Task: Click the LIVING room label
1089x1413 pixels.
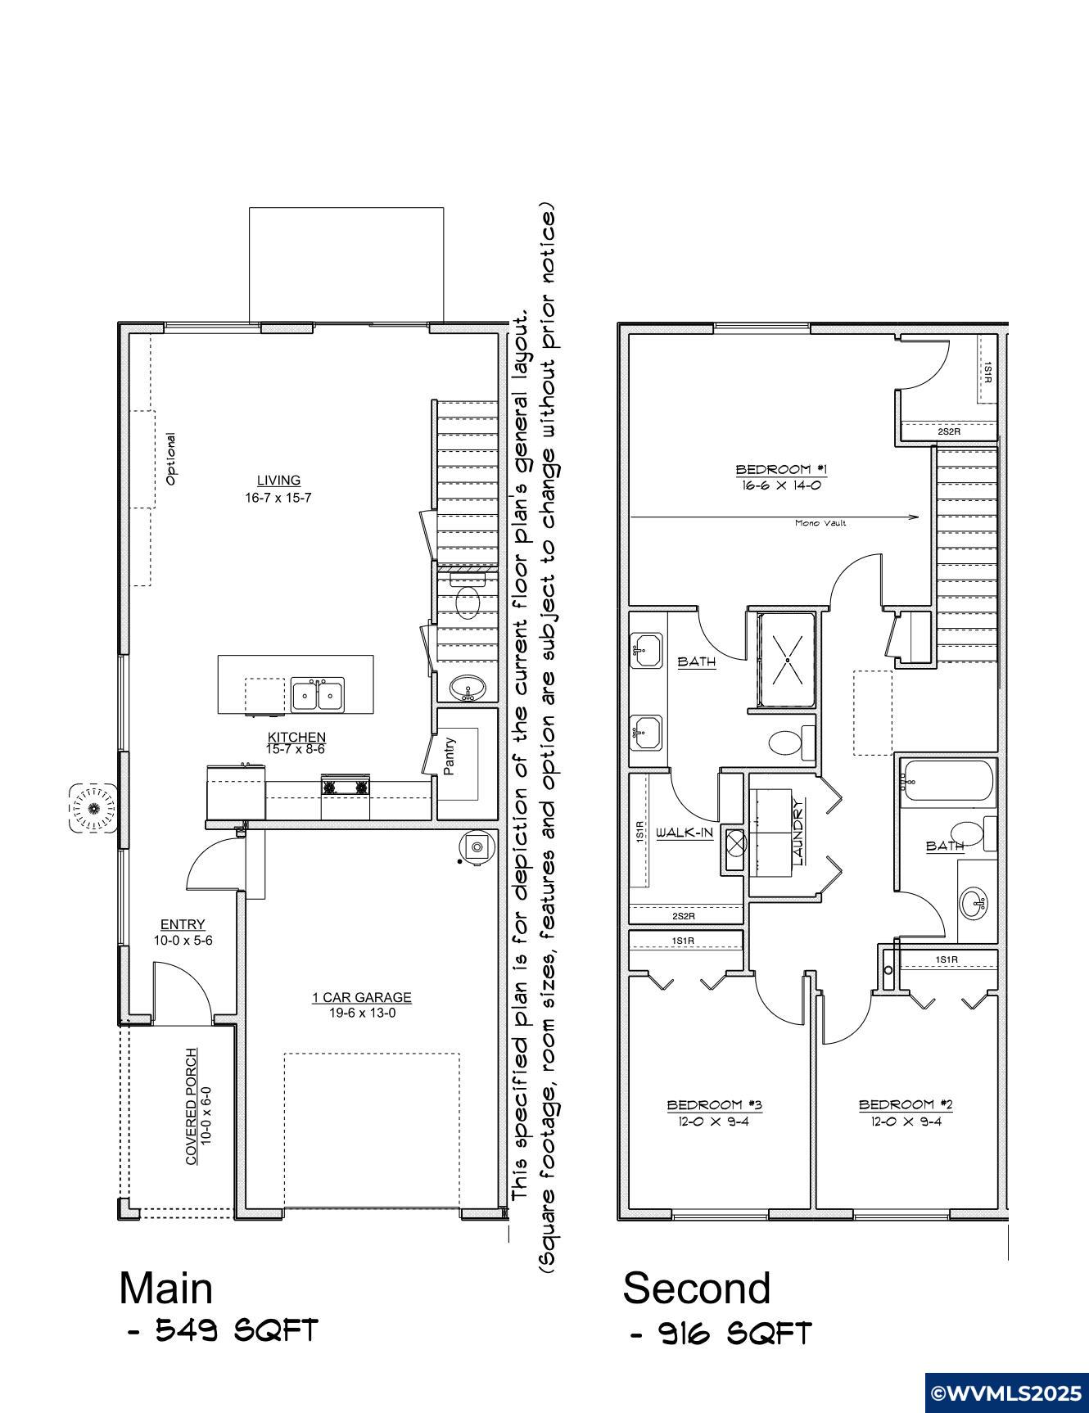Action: point(278,481)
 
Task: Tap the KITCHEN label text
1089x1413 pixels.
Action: point(296,738)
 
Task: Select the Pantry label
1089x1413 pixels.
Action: point(450,756)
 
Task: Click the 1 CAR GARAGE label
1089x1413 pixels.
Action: point(362,997)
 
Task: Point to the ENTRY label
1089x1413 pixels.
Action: point(183,925)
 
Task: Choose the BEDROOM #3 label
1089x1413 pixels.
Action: point(715,1105)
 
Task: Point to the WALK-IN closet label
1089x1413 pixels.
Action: point(685,833)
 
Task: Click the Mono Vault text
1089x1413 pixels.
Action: point(820,523)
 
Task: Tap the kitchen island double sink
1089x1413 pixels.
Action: point(318,695)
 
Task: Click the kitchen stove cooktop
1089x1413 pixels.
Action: point(346,788)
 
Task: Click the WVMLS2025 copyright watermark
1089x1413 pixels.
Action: point(1007,1393)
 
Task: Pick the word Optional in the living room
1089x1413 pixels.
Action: point(171,458)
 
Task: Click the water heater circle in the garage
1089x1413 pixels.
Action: point(477,846)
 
